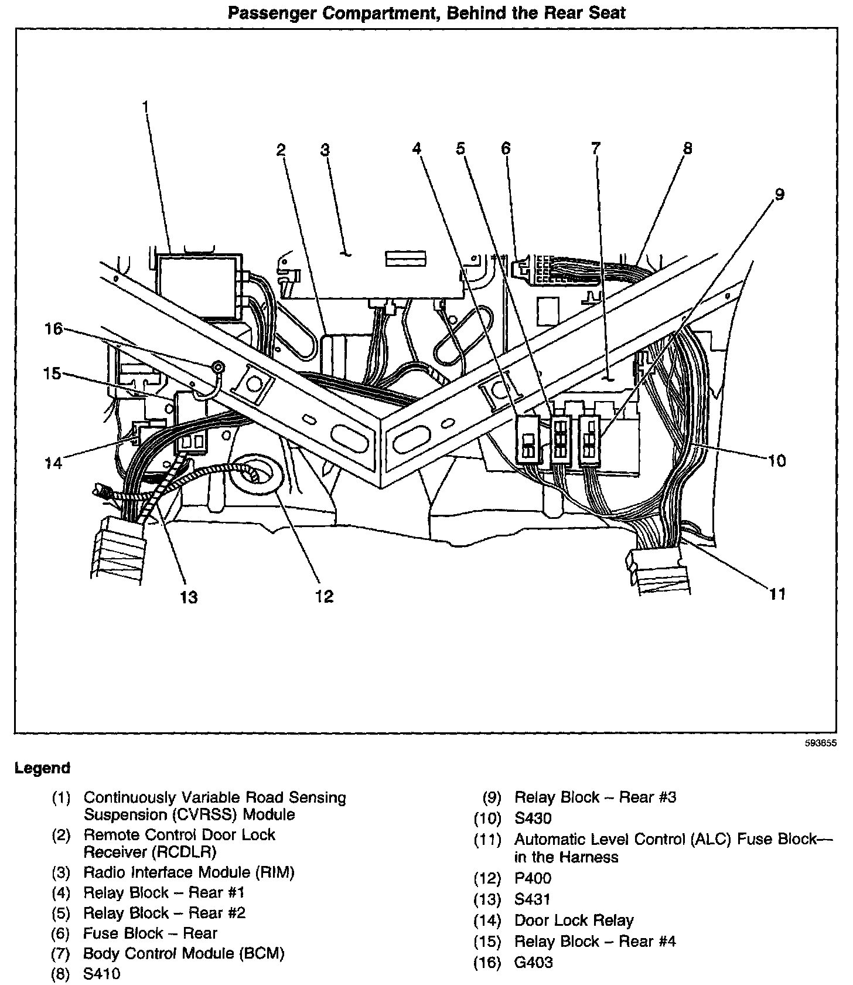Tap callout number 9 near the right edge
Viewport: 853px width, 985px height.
(x=779, y=195)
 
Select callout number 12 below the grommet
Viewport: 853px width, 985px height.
(x=323, y=596)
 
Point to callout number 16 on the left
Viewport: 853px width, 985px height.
(x=53, y=329)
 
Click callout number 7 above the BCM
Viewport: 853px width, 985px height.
(x=595, y=148)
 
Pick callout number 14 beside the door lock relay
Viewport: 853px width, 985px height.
(x=53, y=463)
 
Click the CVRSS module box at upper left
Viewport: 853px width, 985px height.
(x=198, y=285)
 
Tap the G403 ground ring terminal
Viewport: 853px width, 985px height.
(x=218, y=368)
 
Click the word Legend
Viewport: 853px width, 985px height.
(x=42, y=767)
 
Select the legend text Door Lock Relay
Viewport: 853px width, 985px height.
(x=574, y=921)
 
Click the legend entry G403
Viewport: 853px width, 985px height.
(x=533, y=962)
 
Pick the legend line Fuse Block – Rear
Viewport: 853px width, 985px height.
(x=150, y=933)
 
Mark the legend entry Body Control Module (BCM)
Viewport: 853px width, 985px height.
(x=183, y=953)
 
